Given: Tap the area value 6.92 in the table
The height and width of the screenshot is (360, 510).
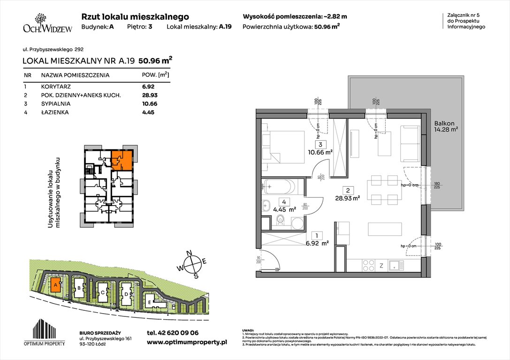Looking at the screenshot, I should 148,87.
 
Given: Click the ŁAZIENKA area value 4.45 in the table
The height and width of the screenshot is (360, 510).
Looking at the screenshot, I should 148,112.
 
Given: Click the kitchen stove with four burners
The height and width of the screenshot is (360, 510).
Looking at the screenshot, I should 369,265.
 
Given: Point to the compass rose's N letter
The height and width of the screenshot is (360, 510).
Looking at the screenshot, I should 190,254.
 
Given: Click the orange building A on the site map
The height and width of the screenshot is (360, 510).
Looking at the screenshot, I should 56,285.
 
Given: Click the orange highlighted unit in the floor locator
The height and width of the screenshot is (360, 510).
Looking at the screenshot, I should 122,159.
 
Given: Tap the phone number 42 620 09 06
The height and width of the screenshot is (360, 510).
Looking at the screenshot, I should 173,333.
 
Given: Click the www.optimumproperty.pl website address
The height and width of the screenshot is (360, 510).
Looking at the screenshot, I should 187,343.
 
